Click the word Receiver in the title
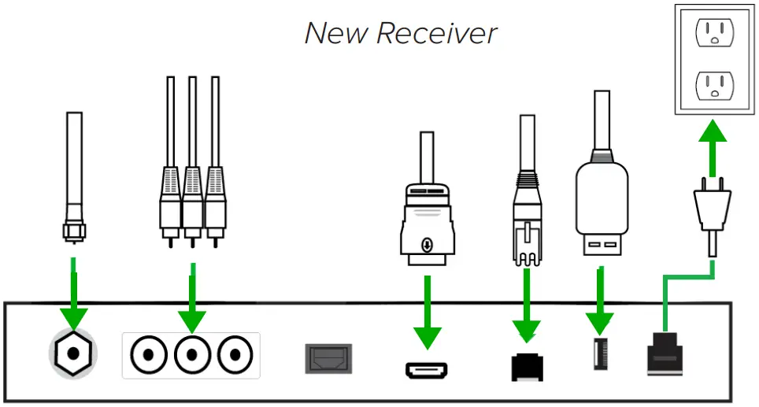point(436,33)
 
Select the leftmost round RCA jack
point(146,355)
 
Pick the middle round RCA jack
point(191,355)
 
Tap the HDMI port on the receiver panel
point(426,368)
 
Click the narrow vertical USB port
point(599,355)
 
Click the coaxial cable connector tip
point(73,229)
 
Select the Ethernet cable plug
point(527,220)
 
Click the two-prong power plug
point(712,211)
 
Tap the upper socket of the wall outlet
point(714,32)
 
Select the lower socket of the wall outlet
point(714,83)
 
